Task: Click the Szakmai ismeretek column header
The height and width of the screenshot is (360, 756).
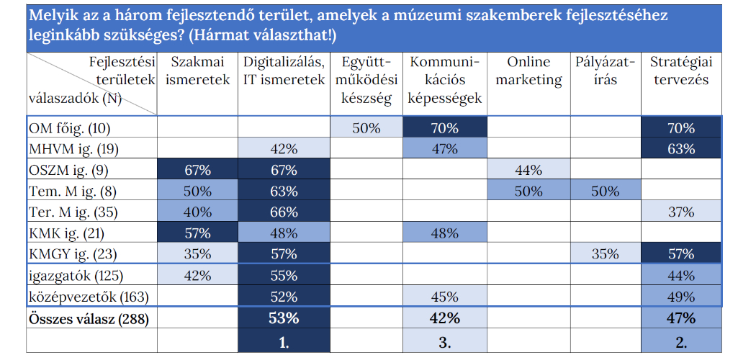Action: (198, 71)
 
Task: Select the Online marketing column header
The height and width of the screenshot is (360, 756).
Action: (528, 71)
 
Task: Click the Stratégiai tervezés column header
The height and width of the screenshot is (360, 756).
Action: (680, 71)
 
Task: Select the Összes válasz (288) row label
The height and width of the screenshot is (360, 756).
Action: (87, 318)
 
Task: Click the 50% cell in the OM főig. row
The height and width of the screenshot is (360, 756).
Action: (366, 129)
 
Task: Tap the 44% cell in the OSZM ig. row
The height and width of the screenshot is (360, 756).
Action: (528, 171)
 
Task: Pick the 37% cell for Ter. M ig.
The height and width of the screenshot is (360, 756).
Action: (680, 212)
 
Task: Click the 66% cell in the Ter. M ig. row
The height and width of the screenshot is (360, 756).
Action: (284, 212)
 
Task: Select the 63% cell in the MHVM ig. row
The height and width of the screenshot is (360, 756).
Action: (680, 150)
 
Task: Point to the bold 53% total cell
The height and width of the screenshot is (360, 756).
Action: (284, 318)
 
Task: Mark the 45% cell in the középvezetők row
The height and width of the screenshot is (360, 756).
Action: (444, 297)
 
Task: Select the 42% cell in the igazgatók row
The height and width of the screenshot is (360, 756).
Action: (198, 276)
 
